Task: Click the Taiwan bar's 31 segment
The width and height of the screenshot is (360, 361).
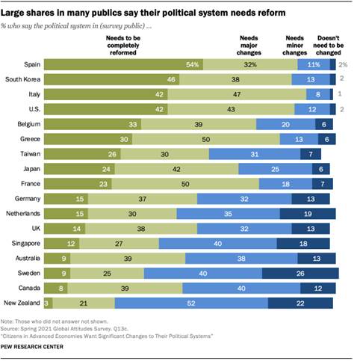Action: click(x=253, y=153)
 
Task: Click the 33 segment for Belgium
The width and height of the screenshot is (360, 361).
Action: click(x=90, y=124)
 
